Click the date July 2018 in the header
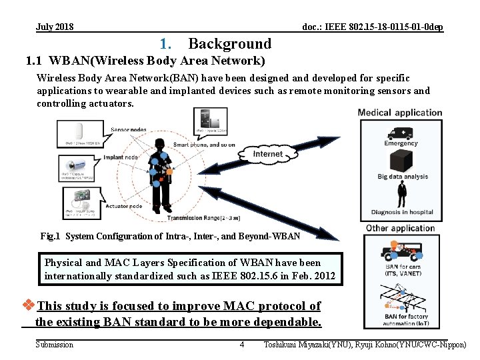(x=55, y=27)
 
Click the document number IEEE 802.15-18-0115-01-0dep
(x=372, y=27)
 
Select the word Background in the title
(x=230, y=44)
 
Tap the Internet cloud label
(x=268, y=154)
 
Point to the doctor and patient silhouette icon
(x=402, y=197)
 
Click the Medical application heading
(x=400, y=113)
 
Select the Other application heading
(x=400, y=228)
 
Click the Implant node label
(x=121, y=158)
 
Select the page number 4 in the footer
(x=241, y=345)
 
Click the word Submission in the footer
(x=54, y=345)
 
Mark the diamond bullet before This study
(x=29, y=306)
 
